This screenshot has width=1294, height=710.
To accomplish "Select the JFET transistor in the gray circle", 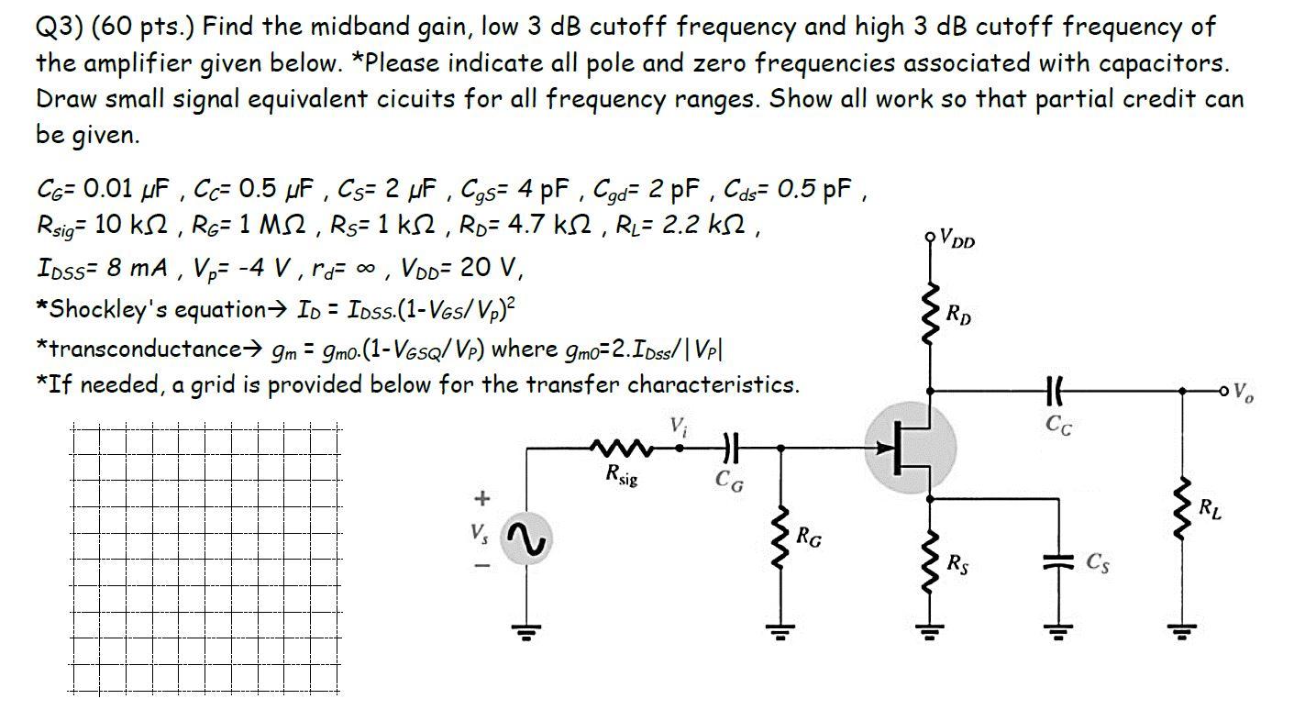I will click(911, 449).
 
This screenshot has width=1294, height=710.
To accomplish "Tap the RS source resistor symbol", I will click(931, 560).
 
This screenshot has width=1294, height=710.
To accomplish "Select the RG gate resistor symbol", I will click(780, 540).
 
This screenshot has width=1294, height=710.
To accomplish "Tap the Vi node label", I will click(679, 426).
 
